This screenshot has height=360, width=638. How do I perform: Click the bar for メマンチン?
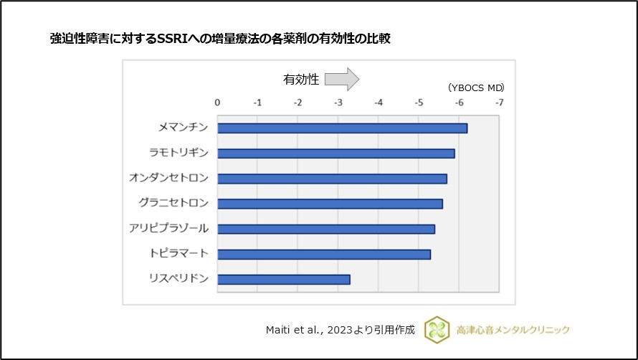[x=342, y=128]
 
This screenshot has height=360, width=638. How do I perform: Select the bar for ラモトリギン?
[x=335, y=153]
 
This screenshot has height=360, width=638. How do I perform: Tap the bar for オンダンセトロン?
[x=332, y=179]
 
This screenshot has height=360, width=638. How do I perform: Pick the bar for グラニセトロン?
[x=330, y=204]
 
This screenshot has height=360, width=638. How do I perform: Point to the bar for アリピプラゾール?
[x=326, y=229]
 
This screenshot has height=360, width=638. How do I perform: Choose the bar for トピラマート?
[x=324, y=254]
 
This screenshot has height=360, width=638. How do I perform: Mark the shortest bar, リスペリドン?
[x=284, y=279]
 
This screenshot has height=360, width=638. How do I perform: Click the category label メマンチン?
[x=183, y=128]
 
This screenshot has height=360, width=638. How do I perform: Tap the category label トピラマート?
[x=179, y=253]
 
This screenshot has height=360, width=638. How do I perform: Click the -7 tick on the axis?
[x=499, y=103]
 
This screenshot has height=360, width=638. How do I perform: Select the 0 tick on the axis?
[x=218, y=103]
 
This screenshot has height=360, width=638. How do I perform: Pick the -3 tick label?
[x=338, y=103]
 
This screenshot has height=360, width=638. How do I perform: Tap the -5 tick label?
[x=419, y=103]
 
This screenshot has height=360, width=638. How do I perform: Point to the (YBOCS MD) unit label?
[x=476, y=87]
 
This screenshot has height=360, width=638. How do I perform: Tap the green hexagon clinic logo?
[x=437, y=329]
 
